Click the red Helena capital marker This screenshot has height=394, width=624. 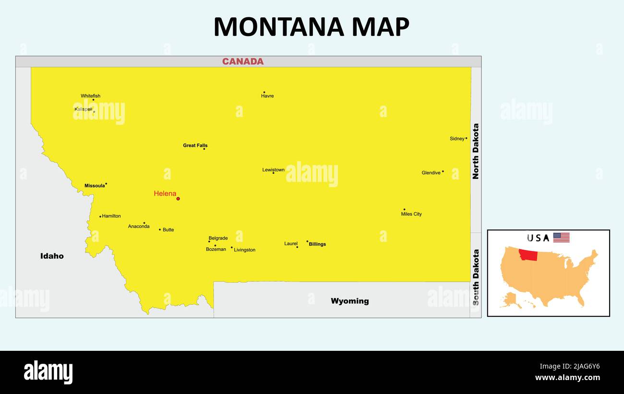pos(178,199)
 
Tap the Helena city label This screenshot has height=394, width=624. pos(165,193)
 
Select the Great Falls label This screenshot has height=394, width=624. pos(195,145)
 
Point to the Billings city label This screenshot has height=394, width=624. pos(317,244)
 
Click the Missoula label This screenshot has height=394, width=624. pos(95,186)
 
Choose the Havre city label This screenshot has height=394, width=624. pos(267,96)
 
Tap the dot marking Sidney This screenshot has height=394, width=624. pos(466,138)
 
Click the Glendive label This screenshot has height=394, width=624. pos(431,173)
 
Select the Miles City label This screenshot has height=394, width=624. pos(411,214)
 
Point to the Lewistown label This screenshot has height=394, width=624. pos(273,170)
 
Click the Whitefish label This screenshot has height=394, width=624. pos(90,96)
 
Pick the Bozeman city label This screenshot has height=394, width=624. pos(216,250)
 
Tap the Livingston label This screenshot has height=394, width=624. pos(245,250)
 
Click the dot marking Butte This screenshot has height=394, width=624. pos(160,229)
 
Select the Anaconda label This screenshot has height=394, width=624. pos(139,227)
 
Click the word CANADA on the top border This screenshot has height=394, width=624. pos(243,61)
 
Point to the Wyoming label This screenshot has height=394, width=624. pos(350,301)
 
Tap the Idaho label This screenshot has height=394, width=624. pos(52,256)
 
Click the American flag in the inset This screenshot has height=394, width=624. pos(561,238)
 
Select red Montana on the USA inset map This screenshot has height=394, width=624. pos(528,255)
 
